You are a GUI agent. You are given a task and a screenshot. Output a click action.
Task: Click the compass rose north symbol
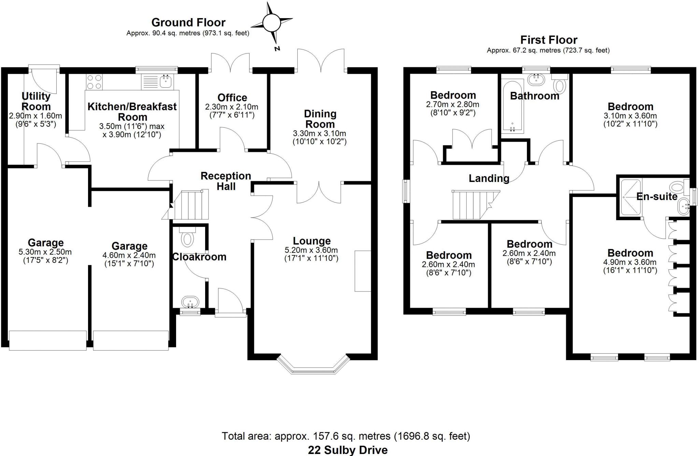coord(272,23)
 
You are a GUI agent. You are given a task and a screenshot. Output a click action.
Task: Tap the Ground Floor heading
coord(188,23)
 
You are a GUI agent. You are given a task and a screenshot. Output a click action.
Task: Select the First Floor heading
coord(548,40)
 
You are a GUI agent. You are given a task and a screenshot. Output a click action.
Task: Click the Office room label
coord(232,98)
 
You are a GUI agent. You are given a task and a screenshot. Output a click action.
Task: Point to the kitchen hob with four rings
coord(95,82)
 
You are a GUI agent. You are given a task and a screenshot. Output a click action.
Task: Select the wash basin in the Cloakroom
coord(190,302)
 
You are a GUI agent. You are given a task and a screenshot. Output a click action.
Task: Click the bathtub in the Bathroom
coord(512,106)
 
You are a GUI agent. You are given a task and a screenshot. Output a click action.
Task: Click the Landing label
coord(489,178)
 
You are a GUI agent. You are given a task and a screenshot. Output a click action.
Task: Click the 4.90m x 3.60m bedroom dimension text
coord(630,262)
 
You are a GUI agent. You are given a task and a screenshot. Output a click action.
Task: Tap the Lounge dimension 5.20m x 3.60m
coord(311,250)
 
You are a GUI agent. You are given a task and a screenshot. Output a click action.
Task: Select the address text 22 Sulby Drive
coord(347,450)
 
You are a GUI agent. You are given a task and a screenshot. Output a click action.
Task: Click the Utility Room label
coord(36,101)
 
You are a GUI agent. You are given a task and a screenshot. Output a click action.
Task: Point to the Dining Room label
coord(320,119)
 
